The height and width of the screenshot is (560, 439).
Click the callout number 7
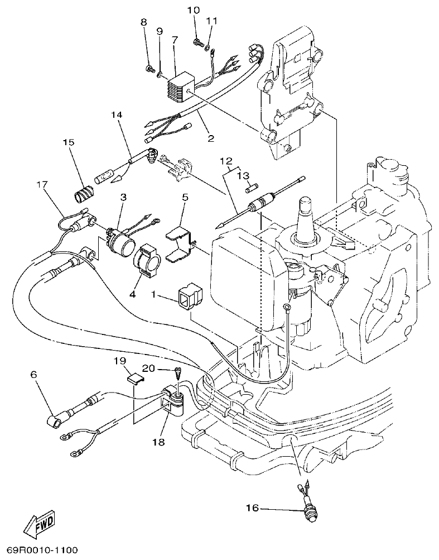175,40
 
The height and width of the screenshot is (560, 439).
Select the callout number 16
252,508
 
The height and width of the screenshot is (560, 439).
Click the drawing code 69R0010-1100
42,550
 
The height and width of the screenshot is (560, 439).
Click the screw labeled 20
177,371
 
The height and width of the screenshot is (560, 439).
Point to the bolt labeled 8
149,69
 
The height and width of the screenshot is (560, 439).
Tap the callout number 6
33,375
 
